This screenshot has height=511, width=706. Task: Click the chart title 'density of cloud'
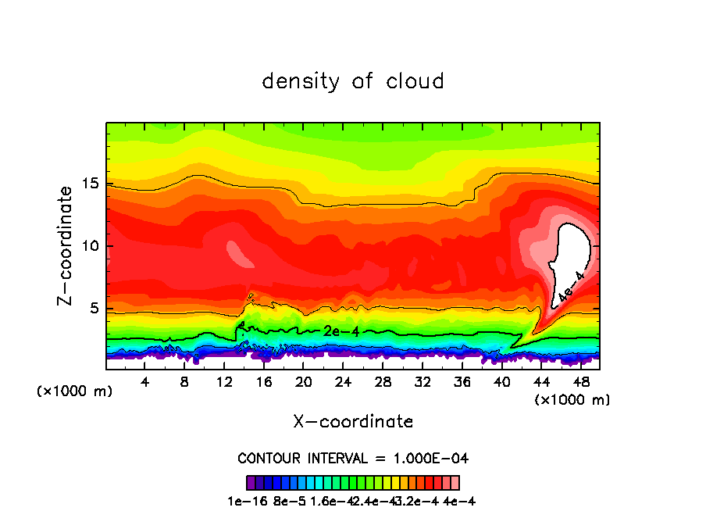[353, 81]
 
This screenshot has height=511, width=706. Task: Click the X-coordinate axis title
[353, 421]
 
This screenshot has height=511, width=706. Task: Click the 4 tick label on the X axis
[145, 382]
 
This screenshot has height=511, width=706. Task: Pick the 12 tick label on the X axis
[224, 382]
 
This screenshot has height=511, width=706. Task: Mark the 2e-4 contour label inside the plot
[341, 331]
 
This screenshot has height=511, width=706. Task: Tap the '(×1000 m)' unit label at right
[572, 400]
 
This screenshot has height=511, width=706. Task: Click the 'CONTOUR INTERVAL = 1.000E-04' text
[353, 458]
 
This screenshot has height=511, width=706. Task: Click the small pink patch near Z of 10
[236, 253]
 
